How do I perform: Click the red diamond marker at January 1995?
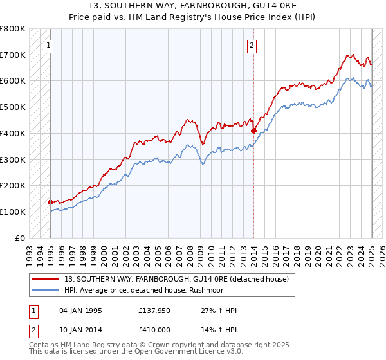50,202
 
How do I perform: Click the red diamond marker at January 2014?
253,130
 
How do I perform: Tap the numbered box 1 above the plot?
50,45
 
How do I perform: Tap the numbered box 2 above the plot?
252,45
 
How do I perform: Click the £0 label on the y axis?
20,238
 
